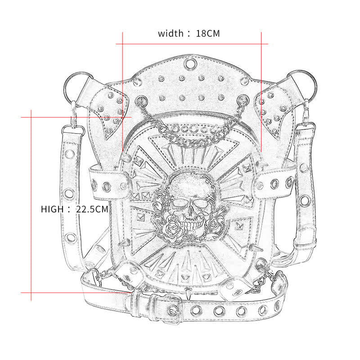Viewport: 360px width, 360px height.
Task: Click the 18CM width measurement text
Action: click(208, 33)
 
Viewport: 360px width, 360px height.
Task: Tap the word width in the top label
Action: click(170, 33)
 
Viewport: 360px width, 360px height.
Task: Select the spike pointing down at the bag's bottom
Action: click(185, 293)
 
